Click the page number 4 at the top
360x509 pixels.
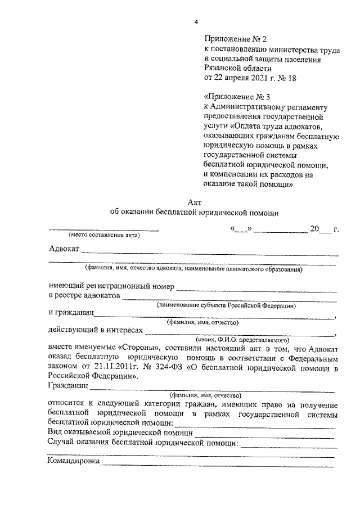click(196, 22)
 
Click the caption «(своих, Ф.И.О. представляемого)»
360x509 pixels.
click(242, 340)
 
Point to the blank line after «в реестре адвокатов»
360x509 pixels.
click(231, 299)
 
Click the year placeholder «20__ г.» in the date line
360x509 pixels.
click(325, 229)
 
